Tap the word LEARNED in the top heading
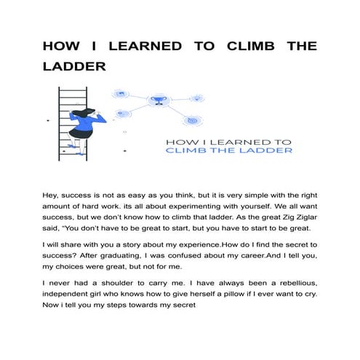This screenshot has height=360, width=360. click(135, 46)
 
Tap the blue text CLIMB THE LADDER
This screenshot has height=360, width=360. click(230, 151)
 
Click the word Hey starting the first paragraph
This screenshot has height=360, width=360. click(53, 196)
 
